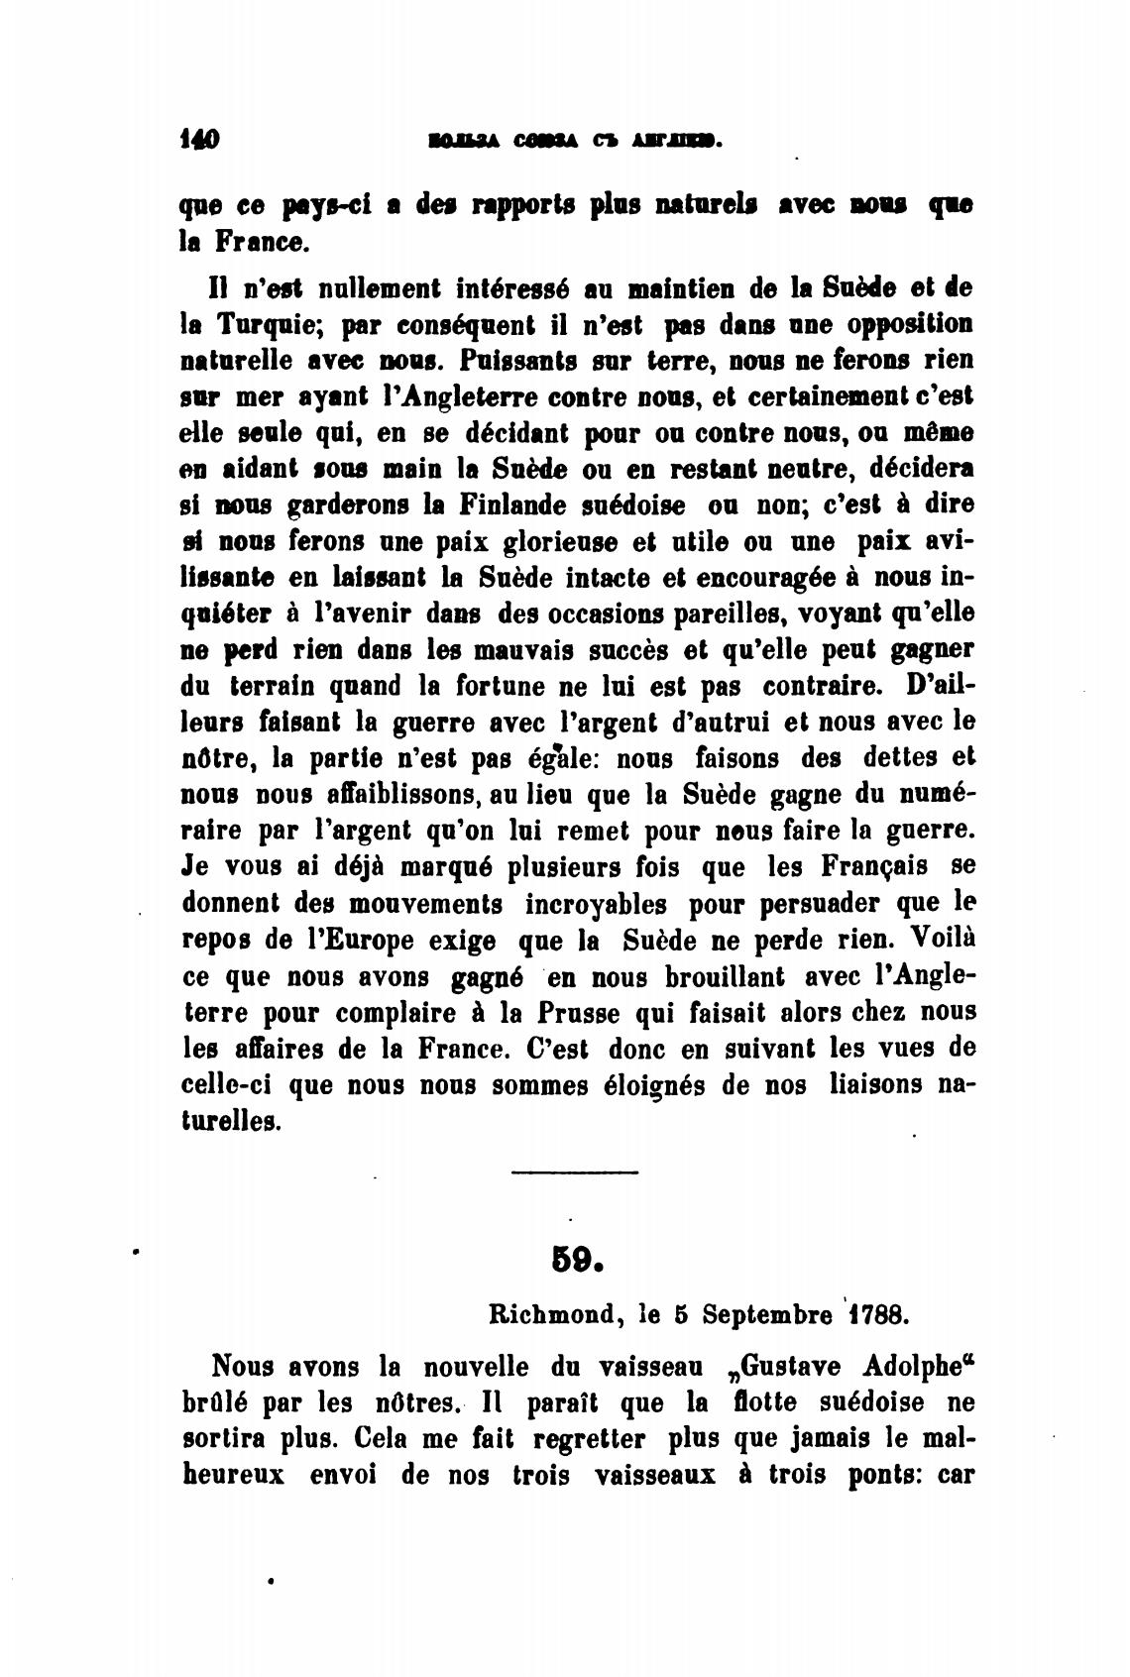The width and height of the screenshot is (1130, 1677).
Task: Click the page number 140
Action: tap(199, 140)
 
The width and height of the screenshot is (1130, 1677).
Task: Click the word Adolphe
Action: tap(917, 1367)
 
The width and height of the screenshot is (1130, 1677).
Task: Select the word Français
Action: tap(874, 867)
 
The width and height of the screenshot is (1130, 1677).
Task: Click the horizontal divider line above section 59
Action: tap(575, 1173)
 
